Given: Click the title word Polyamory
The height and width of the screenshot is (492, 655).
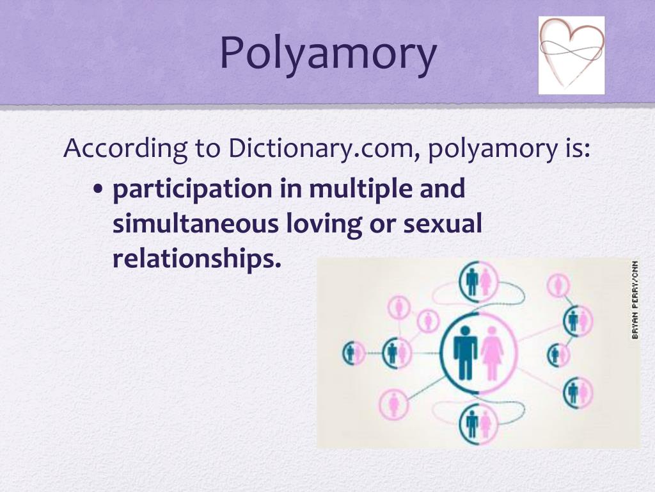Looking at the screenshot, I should click(328, 54).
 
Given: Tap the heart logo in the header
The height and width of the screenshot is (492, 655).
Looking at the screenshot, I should click(571, 55).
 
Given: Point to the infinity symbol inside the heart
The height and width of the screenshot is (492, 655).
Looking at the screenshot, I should click(571, 49).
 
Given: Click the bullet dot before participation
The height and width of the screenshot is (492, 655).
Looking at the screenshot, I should click(98, 191).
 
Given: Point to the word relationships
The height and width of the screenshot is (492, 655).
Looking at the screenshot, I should click(197, 259).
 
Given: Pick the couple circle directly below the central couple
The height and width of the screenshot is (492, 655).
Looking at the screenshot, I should click(478, 423).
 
